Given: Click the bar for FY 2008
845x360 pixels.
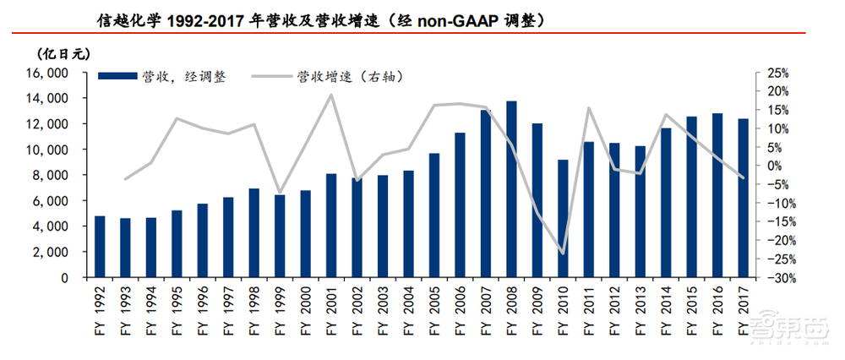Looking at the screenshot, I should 511,189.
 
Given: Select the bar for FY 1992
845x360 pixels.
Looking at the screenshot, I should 100,247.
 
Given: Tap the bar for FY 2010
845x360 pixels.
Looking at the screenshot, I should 563,219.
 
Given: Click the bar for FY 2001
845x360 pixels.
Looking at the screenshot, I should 331,226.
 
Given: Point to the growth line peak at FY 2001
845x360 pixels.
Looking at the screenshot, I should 331,94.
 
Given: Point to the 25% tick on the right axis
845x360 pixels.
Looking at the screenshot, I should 777,74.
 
